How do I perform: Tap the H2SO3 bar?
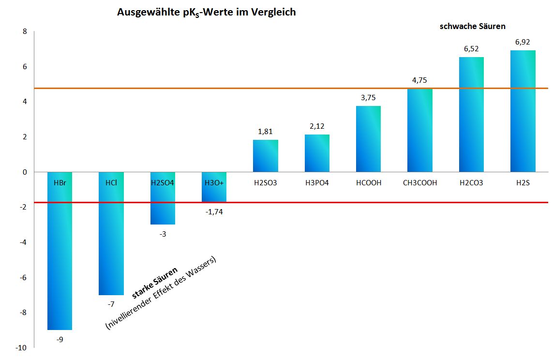click(x=265, y=156)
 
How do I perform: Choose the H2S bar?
click(x=523, y=111)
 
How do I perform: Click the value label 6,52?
click(x=471, y=49)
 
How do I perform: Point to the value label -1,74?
click(x=214, y=211)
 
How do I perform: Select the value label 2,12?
click(x=317, y=127)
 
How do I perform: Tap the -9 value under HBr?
click(x=60, y=339)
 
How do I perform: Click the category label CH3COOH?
click(x=420, y=183)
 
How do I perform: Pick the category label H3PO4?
click(x=317, y=183)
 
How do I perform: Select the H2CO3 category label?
click(x=471, y=183)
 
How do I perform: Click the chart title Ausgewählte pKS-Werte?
click(x=206, y=13)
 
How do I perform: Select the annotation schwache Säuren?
click(x=472, y=27)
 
